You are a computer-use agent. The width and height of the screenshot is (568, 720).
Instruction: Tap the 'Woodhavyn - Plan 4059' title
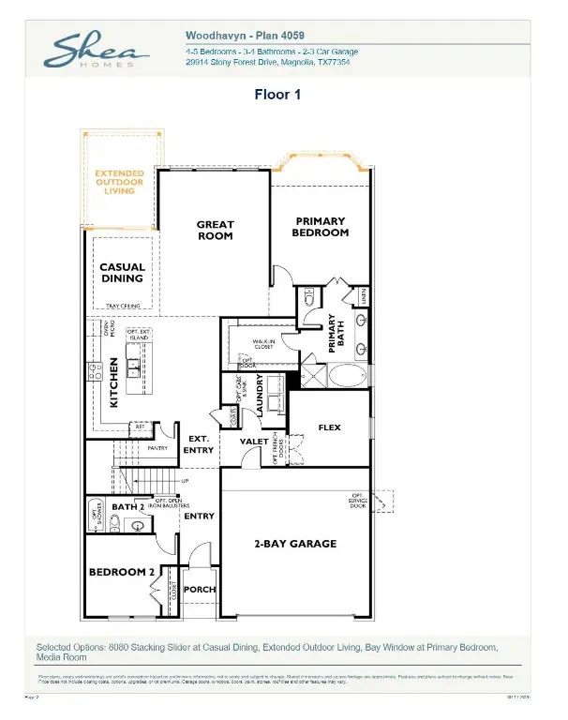pyautogui.click(x=243, y=34)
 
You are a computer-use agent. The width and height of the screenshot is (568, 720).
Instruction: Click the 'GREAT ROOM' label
pyautogui.click(x=215, y=231)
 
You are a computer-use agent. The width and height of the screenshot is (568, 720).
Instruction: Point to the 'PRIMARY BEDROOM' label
pyautogui.click(x=321, y=227)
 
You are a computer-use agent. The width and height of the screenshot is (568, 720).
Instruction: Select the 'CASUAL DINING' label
pyautogui.click(x=122, y=273)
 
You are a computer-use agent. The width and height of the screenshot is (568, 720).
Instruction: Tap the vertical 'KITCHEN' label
pyautogui.click(x=113, y=381)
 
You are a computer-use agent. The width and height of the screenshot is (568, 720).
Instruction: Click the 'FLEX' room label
pyautogui.click(x=329, y=427)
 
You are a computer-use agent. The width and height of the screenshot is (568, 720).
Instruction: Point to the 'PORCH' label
pyautogui.click(x=199, y=590)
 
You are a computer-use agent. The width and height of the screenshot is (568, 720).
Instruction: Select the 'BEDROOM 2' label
pyautogui.click(x=120, y=572)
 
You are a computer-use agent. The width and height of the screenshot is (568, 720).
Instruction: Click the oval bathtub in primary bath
pyautogui.click(x=345, y=379)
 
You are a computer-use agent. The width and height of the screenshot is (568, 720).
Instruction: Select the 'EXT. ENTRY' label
pyautogui.click(x=199, y=444)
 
